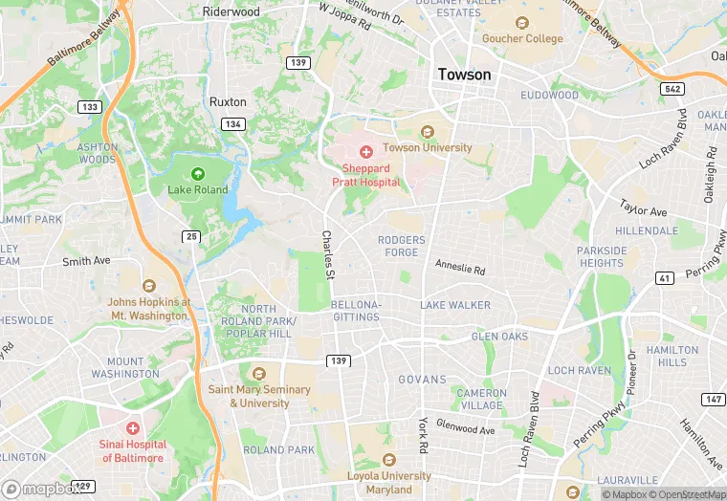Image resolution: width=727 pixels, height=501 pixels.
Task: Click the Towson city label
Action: (464, 75)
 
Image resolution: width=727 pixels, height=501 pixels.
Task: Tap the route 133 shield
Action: (90, 107)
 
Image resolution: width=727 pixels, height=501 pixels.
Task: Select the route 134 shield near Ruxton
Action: (232, 124)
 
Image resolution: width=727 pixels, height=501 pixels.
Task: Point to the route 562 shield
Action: (673, 88)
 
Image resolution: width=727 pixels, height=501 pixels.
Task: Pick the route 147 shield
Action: (713, 398)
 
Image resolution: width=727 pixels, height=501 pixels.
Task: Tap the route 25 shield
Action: (191, 235)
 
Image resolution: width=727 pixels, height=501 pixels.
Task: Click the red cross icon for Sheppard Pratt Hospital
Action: (365, 152)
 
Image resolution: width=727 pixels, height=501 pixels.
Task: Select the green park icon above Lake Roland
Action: (198, 174)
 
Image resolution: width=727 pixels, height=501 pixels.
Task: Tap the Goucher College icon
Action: (521, 23)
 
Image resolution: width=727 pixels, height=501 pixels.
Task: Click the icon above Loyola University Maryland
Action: (388, 460)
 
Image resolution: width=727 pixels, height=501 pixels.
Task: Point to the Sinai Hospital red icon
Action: (132, 427)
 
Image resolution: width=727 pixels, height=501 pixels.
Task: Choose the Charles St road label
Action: (327, 254)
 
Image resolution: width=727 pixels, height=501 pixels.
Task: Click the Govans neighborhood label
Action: (422, 379)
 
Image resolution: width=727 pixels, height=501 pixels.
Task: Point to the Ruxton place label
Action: (228, 101)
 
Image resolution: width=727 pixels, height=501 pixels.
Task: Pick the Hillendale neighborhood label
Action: (647, 231)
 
